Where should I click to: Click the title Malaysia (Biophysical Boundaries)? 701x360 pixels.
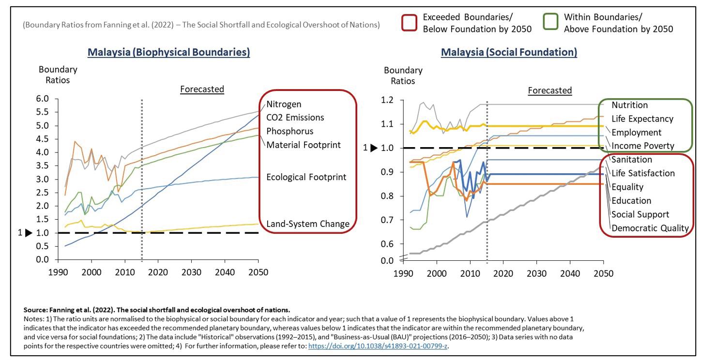168,52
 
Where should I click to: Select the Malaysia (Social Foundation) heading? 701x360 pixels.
509,52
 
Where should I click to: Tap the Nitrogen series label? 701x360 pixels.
284,104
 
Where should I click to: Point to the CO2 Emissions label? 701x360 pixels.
295,118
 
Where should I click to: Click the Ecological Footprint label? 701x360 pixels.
306,177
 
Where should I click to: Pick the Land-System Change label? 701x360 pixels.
307,224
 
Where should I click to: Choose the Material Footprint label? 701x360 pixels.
304,144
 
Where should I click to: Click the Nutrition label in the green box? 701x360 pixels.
629,105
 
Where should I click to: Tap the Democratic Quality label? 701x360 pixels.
650,228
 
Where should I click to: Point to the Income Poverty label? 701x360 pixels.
642,146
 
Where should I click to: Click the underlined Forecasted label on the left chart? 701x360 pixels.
202,89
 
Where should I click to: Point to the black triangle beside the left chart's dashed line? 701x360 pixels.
29,233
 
